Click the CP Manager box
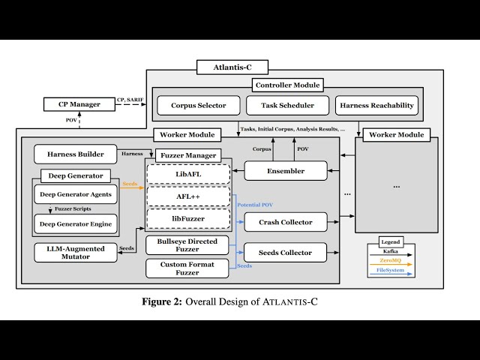click(x=79, y=104)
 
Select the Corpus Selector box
click(x=198, y=105)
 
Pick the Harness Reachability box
click(x=376, y=105)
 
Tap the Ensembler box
click(x=286, y=171)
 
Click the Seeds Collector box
click(x=286, y=252)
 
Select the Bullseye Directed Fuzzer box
click(x=187, y=244)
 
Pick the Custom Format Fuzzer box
click(x=187, y=268)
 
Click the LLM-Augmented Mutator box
click(x=75, y=253)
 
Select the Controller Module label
click(x=286, y=85)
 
